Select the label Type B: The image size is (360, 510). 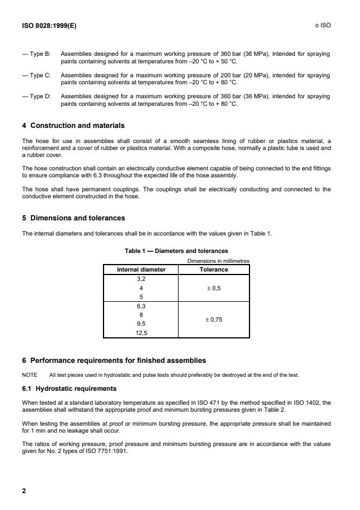36,54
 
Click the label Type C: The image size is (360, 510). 36,76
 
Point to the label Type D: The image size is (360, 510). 36,97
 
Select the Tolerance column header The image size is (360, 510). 214,270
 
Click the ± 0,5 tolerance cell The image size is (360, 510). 214,288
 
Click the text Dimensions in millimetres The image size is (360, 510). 218,262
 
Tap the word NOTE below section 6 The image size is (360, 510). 30,375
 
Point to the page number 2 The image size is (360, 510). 24,491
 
